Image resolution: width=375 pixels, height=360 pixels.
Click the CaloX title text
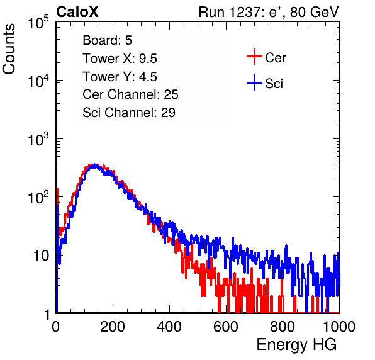click(x=77, y=12)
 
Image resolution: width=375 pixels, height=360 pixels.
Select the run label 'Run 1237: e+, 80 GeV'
click(x=269, y=12)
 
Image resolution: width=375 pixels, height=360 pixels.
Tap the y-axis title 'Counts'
click(x=9, y=49)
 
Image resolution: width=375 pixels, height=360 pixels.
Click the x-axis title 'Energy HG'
click(x=296, y=344)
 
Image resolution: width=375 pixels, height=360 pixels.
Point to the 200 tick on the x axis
click(x=113, y=327)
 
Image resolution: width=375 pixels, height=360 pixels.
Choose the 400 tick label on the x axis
click(x=169, y=327)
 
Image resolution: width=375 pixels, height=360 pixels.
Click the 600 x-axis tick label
click(x=226, y=327)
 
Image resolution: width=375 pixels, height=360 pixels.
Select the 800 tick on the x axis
click(x=283, y=327)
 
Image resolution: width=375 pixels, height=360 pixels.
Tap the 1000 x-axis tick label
click(x=339, y=327)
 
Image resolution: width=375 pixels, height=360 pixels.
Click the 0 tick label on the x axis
click(x=56, y=327)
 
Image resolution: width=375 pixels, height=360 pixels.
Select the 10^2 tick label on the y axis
click(x=38, y=197)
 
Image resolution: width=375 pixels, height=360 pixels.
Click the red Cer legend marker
click(x=254, y=57)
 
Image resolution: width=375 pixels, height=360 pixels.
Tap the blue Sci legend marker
click(x=254, y=82)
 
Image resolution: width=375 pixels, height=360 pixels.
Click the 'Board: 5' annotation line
click(x=107, y=40)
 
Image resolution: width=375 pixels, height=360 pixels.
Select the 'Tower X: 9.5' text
click(x=120, y=59)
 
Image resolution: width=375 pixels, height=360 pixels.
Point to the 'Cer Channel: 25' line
click(x=130, y=94)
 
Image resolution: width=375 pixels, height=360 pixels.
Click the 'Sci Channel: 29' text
click(x=129, y=113)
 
